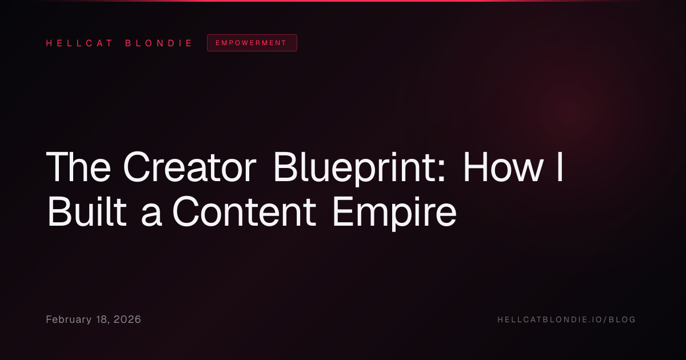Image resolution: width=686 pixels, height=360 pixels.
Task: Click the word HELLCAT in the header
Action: click(79, 43)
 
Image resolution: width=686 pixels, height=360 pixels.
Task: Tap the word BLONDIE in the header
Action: click(158, 43)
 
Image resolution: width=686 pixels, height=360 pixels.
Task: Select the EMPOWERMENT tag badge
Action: click(252, 43)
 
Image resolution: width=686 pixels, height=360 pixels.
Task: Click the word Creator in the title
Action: click(190, 167)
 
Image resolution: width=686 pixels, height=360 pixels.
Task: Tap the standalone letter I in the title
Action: click(560, 167)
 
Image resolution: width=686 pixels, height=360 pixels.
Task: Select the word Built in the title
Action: click(87, 211)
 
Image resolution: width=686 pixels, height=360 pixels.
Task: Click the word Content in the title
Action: click(244, 211)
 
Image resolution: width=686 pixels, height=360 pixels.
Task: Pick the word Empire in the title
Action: click(395, 213)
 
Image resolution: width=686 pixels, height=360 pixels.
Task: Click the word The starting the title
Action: click(78, 167)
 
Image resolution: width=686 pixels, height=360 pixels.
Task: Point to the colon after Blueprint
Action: click(441, 173)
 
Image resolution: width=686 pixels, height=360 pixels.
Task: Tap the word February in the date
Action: click(69, 319)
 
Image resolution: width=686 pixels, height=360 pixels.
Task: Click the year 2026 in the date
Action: click(127, 319)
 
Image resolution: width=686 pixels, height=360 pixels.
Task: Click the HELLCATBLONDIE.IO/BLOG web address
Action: click(567, 319)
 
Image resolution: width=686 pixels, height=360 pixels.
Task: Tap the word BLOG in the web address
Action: click(622, 319)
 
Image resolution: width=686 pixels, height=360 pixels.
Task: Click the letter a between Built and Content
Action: click(151, 216)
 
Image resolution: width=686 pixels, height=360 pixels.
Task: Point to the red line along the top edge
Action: click(343, 1)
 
